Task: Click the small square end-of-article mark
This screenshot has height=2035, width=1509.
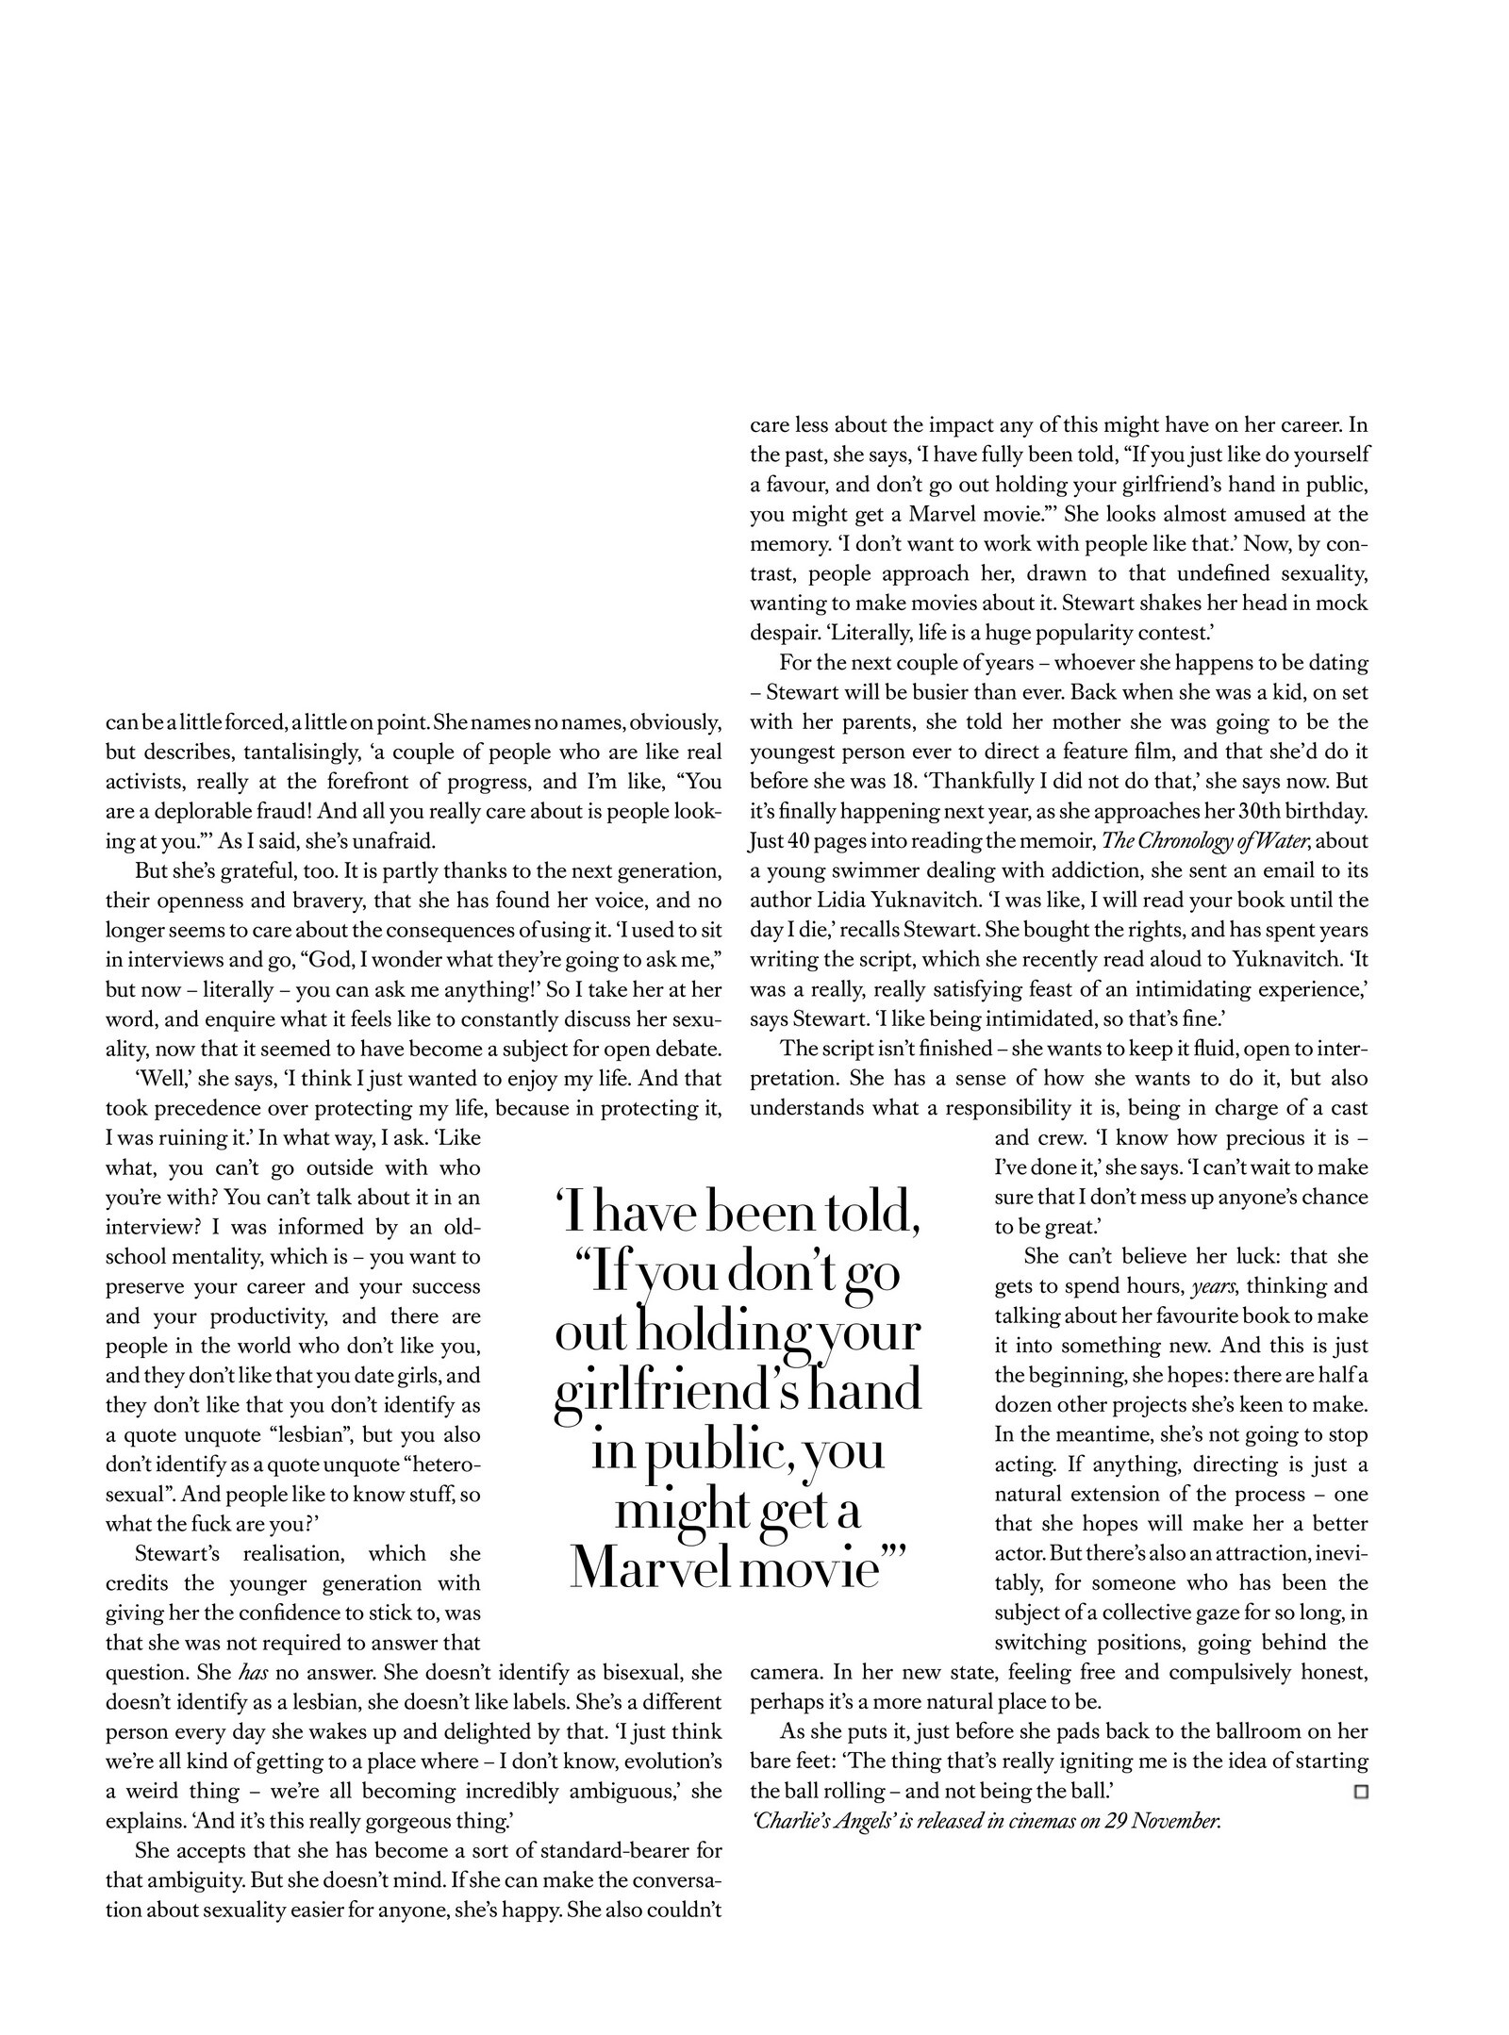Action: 1360,1791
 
